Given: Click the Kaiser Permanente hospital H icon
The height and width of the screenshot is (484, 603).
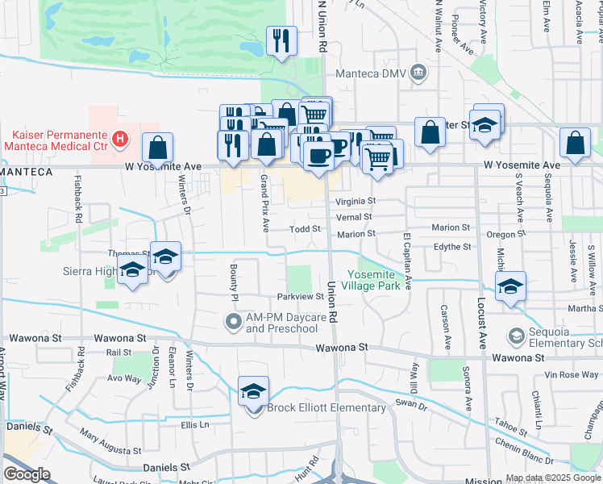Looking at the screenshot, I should pos(120,140).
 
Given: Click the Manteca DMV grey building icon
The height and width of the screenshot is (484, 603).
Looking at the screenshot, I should pos(418,73).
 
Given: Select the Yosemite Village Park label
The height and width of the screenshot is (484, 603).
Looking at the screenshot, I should pos(371,280).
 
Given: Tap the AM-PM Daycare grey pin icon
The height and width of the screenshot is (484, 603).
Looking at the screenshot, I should pos(233,323).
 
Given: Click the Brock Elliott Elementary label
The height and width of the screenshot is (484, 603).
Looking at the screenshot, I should pos(326,407).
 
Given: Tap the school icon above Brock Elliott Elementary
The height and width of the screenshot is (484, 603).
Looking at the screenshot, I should pos(254,391).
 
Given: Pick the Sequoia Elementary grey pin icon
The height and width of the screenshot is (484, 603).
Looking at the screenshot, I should pos(516,335).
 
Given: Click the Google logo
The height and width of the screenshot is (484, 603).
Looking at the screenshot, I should pos(27,474).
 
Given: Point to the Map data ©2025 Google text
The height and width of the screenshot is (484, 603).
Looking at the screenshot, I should pos(553,478).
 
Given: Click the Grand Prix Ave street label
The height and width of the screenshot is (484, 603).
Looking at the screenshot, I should pos(264,202).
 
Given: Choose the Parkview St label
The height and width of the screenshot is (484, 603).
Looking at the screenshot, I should pos(300,297).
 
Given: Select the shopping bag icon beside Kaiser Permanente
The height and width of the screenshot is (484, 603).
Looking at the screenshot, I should pos(158,148).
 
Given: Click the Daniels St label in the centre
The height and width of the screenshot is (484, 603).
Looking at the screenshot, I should pos(166,467).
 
